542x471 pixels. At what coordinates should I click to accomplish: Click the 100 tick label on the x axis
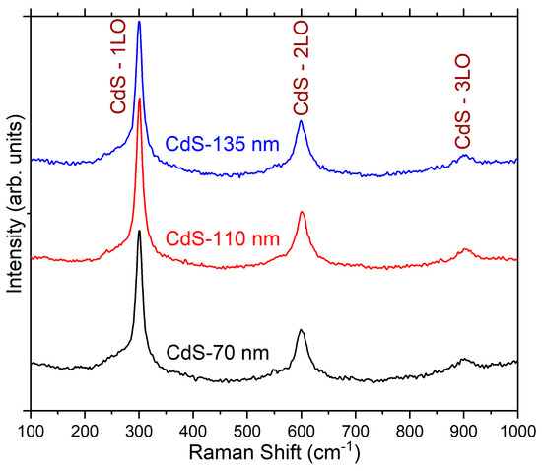pos(32,429)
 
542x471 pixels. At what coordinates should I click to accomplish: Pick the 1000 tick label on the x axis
pos(515,429)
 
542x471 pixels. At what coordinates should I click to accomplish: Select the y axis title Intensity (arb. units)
pos(14,211)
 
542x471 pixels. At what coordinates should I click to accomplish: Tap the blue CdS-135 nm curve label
pos(222,146)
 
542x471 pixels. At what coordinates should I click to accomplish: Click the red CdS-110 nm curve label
pos(222,238)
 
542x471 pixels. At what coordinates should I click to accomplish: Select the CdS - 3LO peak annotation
pos(462,60)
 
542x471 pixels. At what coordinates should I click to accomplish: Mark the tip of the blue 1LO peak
pos(139,22)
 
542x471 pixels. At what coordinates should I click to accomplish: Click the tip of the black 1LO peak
pos(139,231)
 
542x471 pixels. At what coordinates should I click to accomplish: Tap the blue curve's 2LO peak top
pos(301,121)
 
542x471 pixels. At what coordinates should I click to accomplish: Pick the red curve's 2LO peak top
pos(302,213)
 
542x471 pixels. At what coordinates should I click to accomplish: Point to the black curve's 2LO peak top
pos(301,330)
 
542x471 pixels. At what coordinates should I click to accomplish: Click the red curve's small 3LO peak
pos(465,250)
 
